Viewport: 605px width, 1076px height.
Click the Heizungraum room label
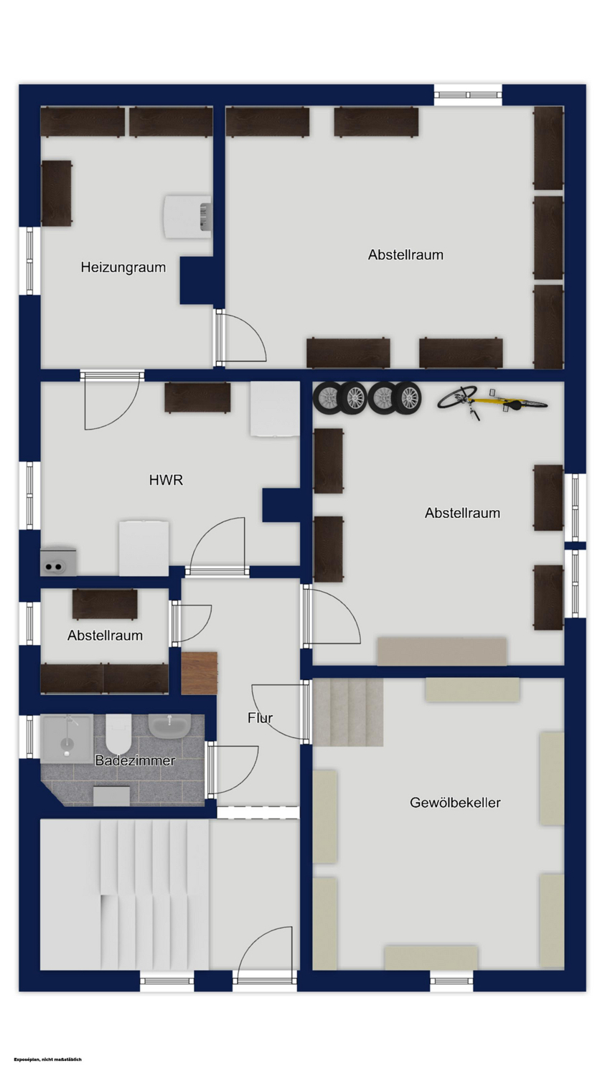tap(123, 267)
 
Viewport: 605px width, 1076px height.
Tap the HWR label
tap(166, 480)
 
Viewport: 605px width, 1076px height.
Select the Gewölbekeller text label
tap(455, 802)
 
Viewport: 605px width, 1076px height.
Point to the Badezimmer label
tap(135, 760)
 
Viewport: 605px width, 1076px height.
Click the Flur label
tap(260, 717)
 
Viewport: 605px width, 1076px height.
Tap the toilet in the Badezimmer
tap(118, 734)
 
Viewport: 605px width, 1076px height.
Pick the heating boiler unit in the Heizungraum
tap(187, 216)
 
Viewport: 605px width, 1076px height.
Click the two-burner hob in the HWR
tap(58, 560)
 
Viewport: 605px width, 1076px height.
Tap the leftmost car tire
tap(327, 397)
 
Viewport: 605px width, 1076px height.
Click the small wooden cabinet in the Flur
tap(199, 673)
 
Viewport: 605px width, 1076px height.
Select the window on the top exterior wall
tap(468, 95)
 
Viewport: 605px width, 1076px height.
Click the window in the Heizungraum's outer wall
tap(30, 261)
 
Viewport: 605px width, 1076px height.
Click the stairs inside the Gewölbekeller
tap(348, 712)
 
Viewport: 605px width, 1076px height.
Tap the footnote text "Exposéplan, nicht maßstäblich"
tap(48, 1060)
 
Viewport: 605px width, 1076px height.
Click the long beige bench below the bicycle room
tap(441, 651)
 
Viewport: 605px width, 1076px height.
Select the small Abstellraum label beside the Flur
tap(105, 636)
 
